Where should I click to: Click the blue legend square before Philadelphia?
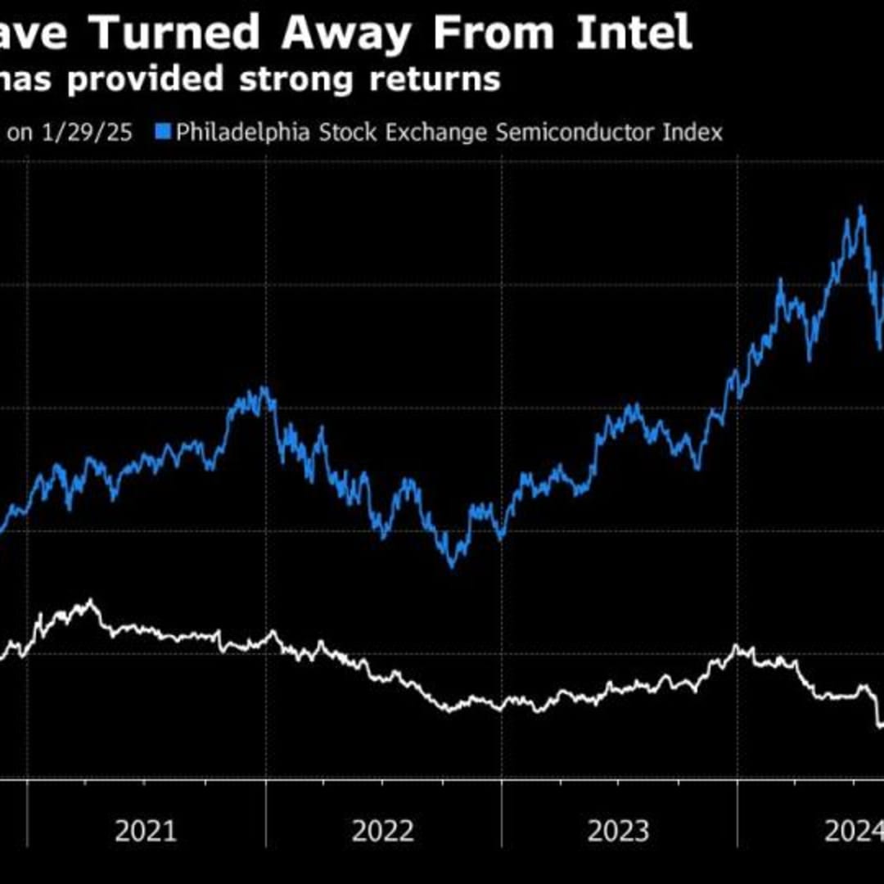click(162, 132)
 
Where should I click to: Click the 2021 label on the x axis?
click(146, 832)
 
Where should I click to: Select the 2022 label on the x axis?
click(383, 832)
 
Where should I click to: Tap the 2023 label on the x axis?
click(619, 832)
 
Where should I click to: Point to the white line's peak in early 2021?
click(90, 602)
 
